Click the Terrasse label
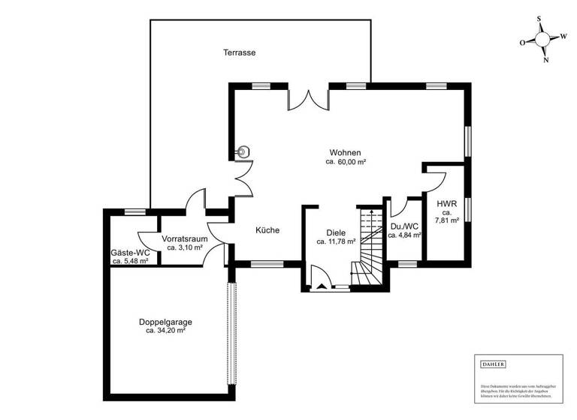(x=240, y=52)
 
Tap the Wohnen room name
(x=345, y=152)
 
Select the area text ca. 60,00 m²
(x=345, y=162)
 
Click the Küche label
(x=267, y=230)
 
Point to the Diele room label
(x=336, y=232)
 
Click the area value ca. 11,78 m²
(x=336, y=242)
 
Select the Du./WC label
(x=404, y=226)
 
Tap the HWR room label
(x=447, y=203)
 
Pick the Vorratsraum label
(x=185, y=238)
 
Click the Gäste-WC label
(x=131, y=253)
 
